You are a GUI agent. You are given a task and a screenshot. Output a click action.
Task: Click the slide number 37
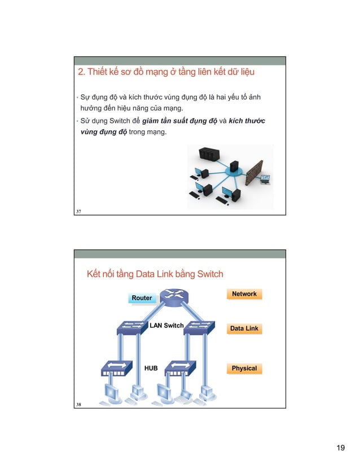point(78,211)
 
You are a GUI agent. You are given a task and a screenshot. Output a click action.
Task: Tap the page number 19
point(340,448)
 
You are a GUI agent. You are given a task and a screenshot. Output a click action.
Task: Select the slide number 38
point(78,404)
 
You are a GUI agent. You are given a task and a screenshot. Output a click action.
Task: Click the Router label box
point(142,298)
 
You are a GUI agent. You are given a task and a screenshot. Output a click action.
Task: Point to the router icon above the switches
point(173,297)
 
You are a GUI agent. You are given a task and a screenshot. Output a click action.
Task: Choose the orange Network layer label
point(244,294)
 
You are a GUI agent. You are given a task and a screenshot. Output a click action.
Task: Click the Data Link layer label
point(244,328)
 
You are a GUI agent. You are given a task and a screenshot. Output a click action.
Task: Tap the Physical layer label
point(244,369)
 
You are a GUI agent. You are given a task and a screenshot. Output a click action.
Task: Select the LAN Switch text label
point(166,326)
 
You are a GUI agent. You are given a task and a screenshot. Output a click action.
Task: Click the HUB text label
point(151,368)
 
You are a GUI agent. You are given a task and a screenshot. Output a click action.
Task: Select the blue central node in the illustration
point(232,169)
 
